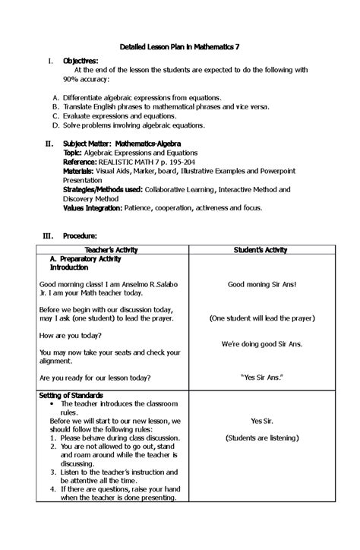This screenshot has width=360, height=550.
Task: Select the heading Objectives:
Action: click(81, 61)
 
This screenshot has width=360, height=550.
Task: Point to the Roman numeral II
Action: click(49, 143)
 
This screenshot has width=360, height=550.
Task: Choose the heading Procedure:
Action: click(80, 236)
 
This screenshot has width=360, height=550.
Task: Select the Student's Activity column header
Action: click(261, 249)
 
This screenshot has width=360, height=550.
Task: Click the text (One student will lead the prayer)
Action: click(261, 319)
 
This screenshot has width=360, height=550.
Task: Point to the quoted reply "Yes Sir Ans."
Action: click(261, 377)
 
